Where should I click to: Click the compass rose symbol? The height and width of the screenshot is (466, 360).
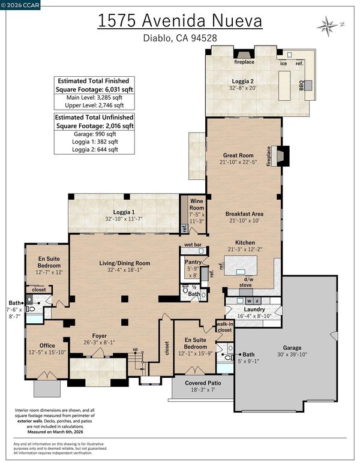click(x=328, y=26)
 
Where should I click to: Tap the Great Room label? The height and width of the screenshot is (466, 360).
click(x=238, y=155)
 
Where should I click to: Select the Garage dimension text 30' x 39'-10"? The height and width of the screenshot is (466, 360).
click(x=292, y=354)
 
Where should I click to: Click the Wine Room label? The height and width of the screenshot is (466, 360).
click(x=196, y=205)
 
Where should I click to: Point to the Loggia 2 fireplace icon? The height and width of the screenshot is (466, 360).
click(x=244, y=54)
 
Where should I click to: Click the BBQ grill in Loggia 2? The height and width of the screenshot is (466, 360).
click(x=308, y=85)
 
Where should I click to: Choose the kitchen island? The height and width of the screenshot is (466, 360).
click(x=241, y=266)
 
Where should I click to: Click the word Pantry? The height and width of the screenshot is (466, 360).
click(x=193, y=262)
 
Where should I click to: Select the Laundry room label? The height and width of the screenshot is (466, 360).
click(x=254, y=309)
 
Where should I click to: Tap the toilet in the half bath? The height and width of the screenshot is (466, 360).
click(x=185, y=288)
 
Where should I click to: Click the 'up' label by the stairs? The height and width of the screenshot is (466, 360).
click(x=135, y=349)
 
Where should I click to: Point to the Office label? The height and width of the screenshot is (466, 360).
click(x=47, y=345)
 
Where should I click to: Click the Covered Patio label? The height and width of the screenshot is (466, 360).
click(x=203, y=383)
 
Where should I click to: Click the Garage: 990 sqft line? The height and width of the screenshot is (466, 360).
click(x=94, y=134)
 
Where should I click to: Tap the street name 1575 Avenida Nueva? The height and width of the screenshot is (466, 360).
click(x=180, y=21)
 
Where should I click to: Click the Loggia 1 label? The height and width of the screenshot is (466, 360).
click(x=124, y=212)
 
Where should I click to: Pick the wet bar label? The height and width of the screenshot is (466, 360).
click(x=193, y=245)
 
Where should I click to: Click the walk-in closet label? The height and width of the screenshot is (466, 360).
click(x=224, y=327)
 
